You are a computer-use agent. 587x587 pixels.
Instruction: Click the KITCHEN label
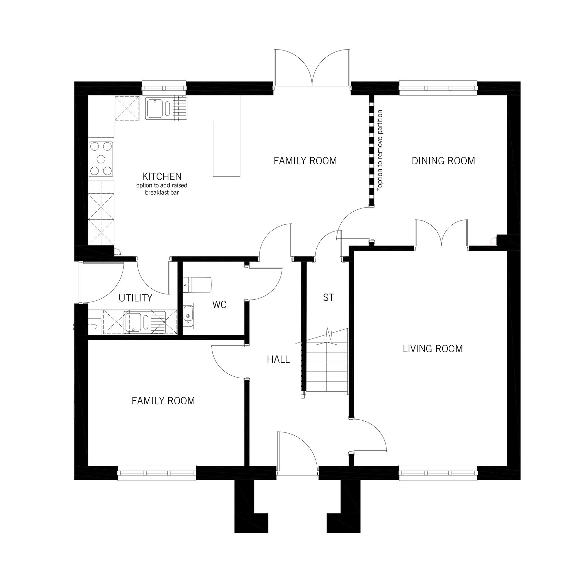click(x=162, y=176)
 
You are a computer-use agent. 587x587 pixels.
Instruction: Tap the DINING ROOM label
click(x=443, y=161)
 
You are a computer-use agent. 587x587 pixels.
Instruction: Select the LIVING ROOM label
click(x=433, y=349)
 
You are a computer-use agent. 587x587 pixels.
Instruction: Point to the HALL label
click(x=278, y=359)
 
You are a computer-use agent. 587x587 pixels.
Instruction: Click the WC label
click(x=219, y=305)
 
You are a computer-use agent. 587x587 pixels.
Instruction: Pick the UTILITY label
click(x=135, y=298)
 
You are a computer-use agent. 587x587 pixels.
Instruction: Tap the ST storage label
click(x=328, y=297)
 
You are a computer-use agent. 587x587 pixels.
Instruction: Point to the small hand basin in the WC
click(x=188, y=314)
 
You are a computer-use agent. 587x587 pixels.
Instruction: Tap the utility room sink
click(x=134, y=322)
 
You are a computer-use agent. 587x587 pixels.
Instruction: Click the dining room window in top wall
click(x=438, y=88)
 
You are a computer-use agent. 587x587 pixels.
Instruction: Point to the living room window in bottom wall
click(x=438, y=473)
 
